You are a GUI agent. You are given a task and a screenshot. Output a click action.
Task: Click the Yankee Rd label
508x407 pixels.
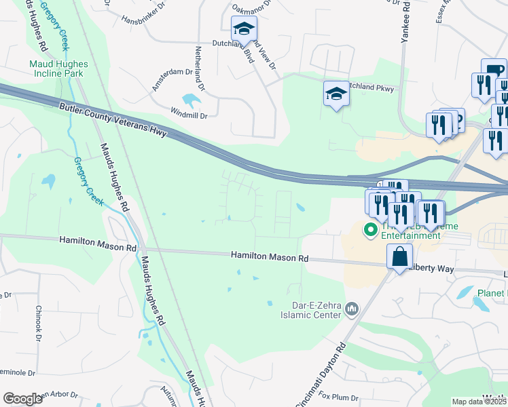[405, 24]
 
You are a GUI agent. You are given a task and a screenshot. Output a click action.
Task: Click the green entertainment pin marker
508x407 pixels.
[371, 230]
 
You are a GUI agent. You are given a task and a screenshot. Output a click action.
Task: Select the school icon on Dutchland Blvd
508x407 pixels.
[243, 30]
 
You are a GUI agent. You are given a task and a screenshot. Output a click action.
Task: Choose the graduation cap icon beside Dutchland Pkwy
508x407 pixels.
[336, 94]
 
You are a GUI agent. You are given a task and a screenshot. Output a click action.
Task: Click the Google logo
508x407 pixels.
[22, 399]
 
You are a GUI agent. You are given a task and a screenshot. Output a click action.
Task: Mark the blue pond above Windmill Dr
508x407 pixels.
[192, 101]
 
